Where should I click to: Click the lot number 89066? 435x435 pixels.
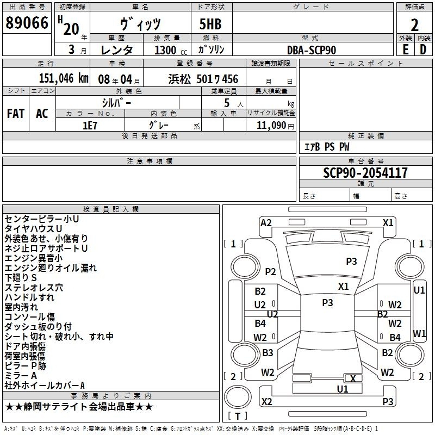[27, 23]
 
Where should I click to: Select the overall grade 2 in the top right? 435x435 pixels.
[414, 25]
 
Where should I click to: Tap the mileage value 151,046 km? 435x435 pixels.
[64, 78]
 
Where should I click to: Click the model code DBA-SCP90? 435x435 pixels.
[312, 50]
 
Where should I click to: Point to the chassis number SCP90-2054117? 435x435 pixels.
[365, 173]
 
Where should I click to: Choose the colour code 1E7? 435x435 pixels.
[90, 126]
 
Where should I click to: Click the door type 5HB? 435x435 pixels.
[210, 24]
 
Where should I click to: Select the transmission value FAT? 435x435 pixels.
[16, 114]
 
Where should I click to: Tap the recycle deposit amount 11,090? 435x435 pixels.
[271, 126]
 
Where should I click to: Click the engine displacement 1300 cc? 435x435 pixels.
[171, 50]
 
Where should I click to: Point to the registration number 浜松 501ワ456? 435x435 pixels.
[203, 79]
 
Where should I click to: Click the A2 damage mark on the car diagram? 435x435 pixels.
[266, 223]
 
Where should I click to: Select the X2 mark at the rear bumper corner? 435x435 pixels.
[266, 401]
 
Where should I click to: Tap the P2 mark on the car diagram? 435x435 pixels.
[270, 271]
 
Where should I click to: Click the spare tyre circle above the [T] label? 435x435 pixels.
[238, 397]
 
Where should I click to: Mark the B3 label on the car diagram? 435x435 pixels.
[268, 352]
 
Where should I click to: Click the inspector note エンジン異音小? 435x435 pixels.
[34, 258]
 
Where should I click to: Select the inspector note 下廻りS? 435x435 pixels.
[21, 278]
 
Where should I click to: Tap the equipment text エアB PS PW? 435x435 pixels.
[327, 147]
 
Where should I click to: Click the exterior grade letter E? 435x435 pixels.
[405, 49]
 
